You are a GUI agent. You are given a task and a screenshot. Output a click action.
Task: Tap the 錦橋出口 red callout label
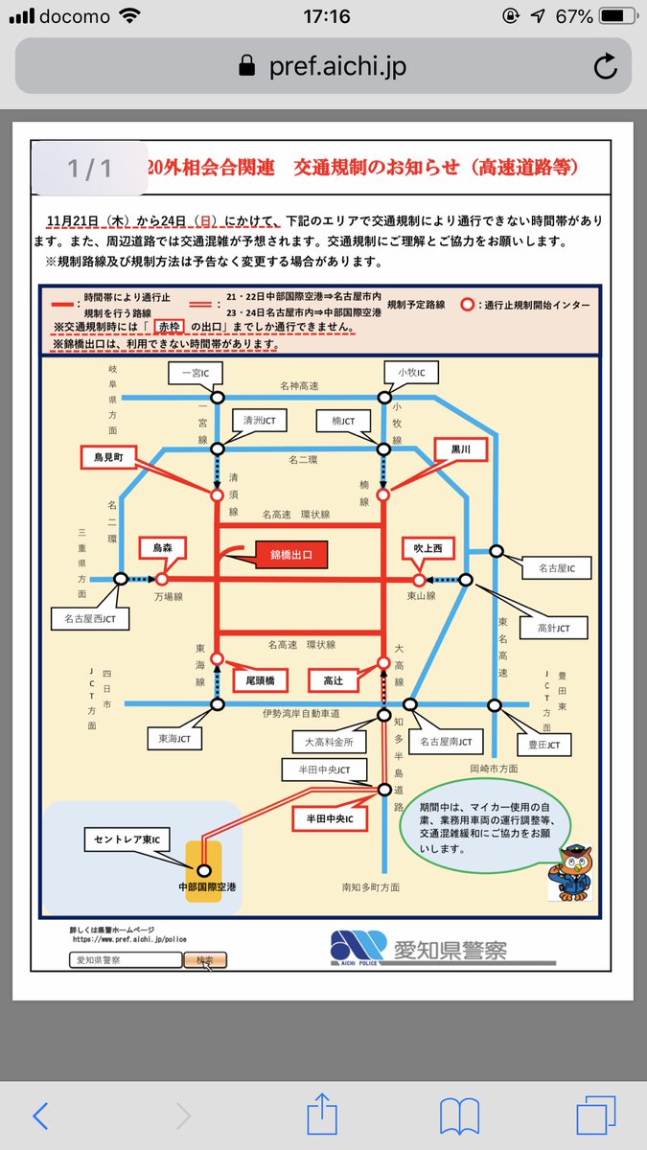pos(292,555)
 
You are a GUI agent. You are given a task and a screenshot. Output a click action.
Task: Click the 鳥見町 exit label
pos(110,458)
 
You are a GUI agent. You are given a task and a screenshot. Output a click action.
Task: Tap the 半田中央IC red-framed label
pos(330,819)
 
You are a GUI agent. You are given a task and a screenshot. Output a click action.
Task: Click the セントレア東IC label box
pos(127,840)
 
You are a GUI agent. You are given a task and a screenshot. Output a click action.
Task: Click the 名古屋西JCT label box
pos(90,618)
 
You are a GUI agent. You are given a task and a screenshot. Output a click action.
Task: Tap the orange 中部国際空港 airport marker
pos(203,870)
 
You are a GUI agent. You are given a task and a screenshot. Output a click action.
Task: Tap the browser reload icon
pos(605,66)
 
